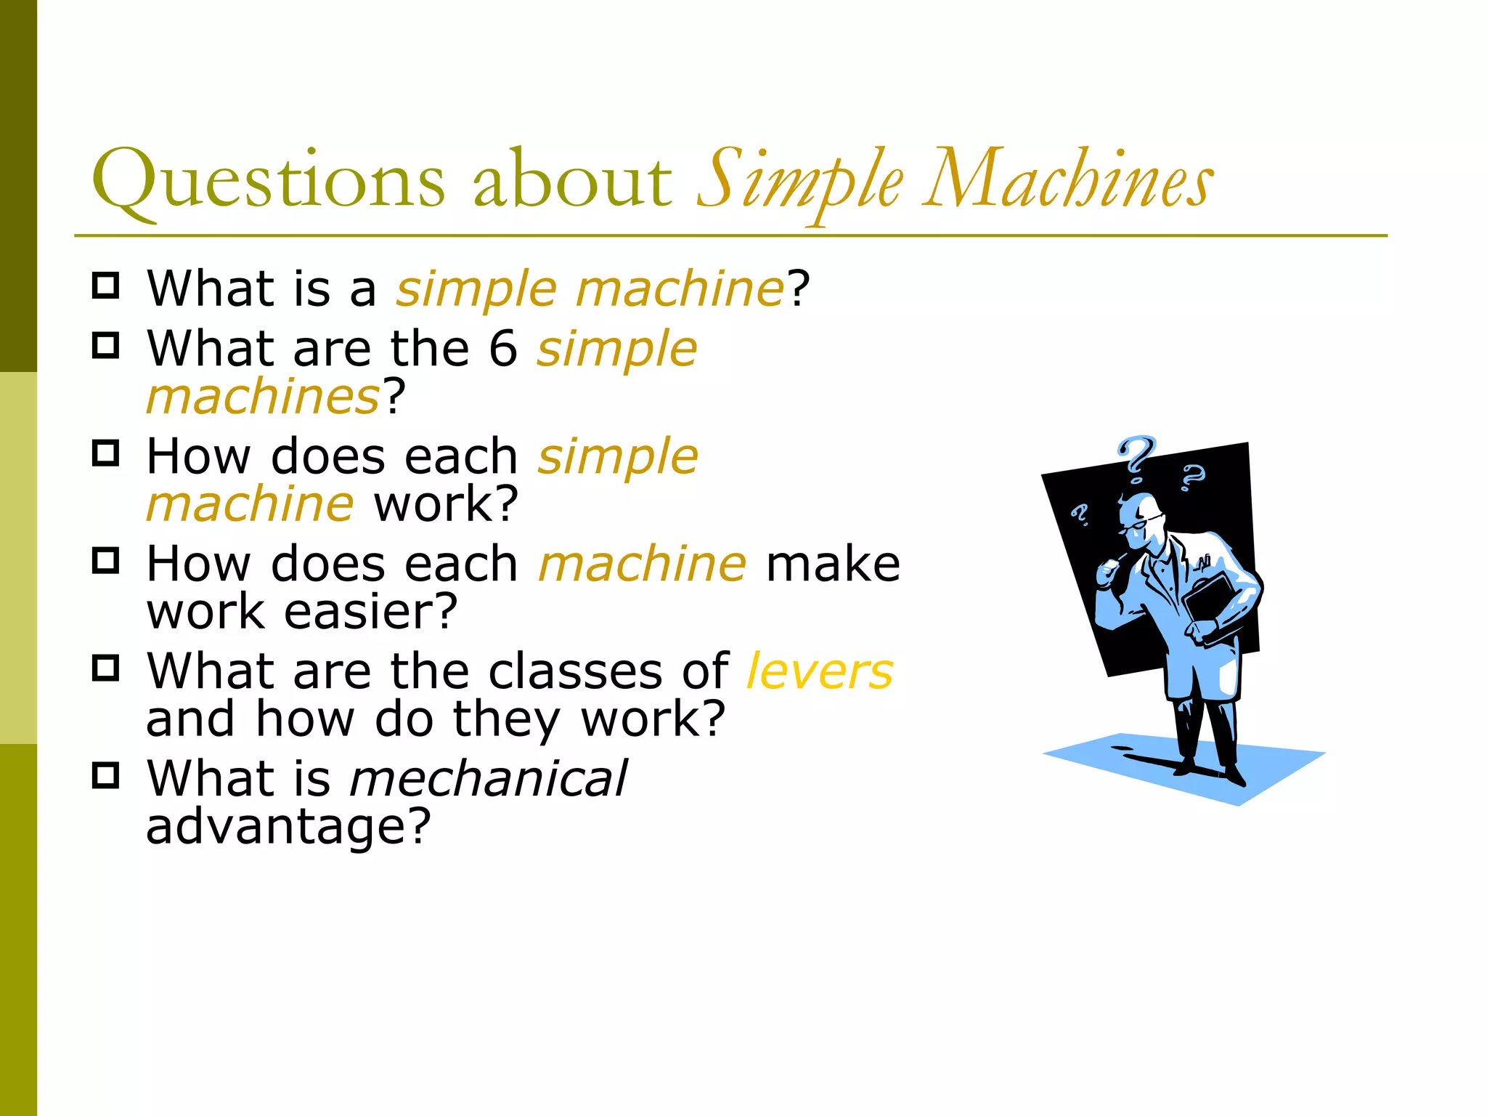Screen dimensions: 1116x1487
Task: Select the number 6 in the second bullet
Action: click(x=502, y=349)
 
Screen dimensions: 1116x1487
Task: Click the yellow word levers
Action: click(x=820, y=671)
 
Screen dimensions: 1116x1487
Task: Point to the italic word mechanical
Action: click(x=488, y=779)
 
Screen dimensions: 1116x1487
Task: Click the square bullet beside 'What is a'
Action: click(x=106, y=286)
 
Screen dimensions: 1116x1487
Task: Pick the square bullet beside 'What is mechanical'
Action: click(x=106, y=776)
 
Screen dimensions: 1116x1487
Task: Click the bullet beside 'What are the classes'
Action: click(x=106, y=668)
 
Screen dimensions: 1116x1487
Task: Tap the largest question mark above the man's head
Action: click(x=1136, y=458)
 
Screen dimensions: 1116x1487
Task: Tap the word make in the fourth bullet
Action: click(x=833, y=565)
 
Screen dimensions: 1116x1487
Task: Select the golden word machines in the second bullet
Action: click(x=263, y=397)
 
